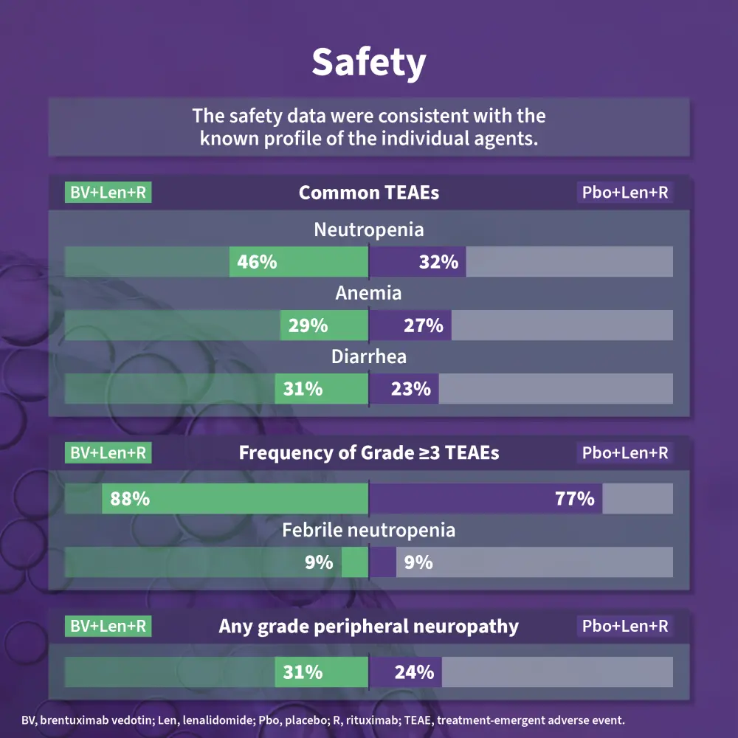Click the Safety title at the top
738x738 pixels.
tap(368, 63)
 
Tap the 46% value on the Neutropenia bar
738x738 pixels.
tap(257, 262)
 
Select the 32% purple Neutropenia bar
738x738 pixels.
tap(417, 262)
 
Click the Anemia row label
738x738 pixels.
tap(368, 293)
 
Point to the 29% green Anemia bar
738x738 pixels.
tap(324, 325)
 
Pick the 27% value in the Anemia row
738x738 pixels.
tap(423, 325)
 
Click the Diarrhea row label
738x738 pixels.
tap(368, 357)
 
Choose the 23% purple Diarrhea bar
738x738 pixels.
tap(404, 389)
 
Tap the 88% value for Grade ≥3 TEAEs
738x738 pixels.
tap(130, 499)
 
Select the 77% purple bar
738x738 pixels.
tap(486, 499)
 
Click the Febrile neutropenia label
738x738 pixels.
tap(368, 530)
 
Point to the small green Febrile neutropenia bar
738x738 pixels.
tap(355, 562)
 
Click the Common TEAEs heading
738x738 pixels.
tap(368, 193)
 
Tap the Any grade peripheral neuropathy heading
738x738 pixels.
tap(368, 627)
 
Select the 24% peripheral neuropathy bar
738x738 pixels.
tap(405, 672)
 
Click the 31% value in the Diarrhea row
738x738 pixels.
tap(303, 389)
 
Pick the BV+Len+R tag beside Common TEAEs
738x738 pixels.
tap(108, 193)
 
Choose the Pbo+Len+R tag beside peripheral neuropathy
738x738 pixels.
tap(625, 626)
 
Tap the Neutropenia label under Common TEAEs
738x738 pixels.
tap(368, 230)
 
